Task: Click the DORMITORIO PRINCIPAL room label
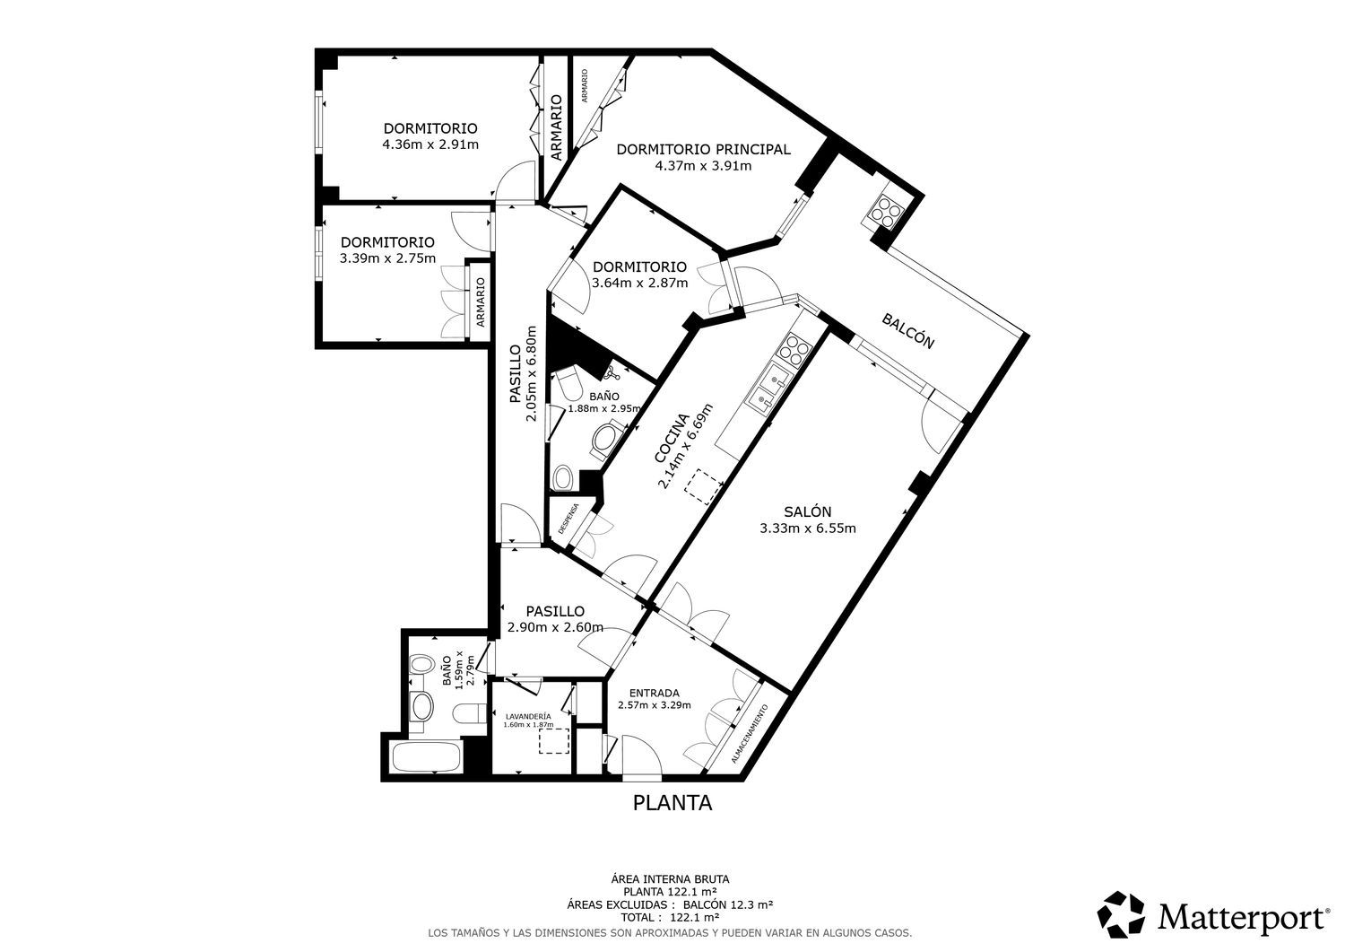pos(703,149)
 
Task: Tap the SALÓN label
pos(808,511)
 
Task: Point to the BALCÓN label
pos(907,330)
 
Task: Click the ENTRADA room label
pos(655,693)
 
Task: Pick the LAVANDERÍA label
pos(528,716)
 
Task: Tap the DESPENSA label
pos(568,519)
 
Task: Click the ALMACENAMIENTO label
pos(750,734)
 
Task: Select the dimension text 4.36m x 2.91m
pos(430,144)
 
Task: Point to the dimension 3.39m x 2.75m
pos(388,258)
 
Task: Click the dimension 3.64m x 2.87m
pos(640,283)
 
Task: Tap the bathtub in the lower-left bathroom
pos(427,756)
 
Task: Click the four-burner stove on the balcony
pos(884,212)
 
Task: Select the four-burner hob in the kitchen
pos(794,349)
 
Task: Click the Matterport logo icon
pos(1121,915)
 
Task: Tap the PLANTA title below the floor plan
pos(672,803)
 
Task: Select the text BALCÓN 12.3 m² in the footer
pos(728,904)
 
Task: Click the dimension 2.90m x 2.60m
pos(555,627)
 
